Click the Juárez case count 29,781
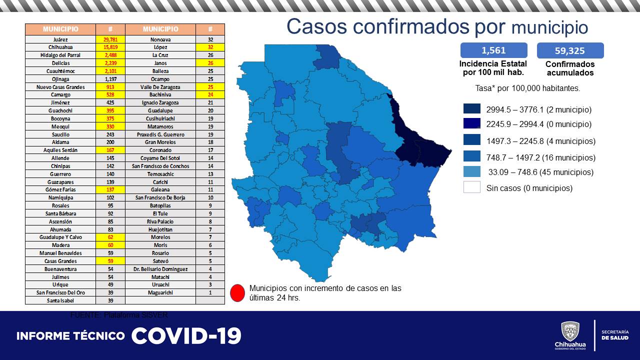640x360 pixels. pos(110,39)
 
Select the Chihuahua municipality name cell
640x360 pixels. pos(60,47)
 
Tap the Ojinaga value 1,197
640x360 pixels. pos(110,79)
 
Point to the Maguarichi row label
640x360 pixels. pos(160,292)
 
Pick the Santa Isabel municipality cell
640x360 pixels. pos(60,300)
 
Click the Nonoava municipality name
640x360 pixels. pos(160,39)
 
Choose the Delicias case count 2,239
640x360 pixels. pos(110,63)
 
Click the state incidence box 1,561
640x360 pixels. pos(493,50)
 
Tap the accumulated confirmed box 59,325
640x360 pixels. pos(570,50)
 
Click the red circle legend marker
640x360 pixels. pos(238,292)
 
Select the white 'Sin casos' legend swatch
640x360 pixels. pos(471,188)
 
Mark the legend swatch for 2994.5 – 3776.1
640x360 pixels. pos(471,109)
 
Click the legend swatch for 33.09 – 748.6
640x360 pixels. pos(471,172)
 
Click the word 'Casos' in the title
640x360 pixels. pos(324,26)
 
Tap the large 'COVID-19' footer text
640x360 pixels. pos(186,336)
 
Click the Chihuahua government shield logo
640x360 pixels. pos(570,331)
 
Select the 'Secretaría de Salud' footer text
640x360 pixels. pos(615,335)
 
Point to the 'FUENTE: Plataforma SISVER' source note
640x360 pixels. pos(119,315)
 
